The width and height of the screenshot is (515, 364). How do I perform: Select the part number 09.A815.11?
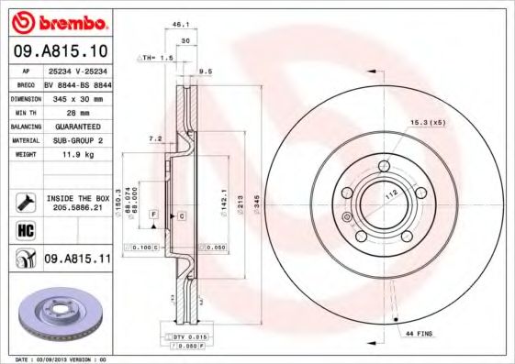click(x=77, y=259)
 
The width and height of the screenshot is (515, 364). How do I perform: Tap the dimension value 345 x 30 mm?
click(x=76, y=97)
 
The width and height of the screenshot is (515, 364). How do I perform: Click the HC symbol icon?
click(x=24, y=230)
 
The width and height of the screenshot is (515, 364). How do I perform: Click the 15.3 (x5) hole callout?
click(x=428, y=122)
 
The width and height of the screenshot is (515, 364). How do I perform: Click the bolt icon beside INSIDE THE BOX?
click(x=24, y=203)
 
